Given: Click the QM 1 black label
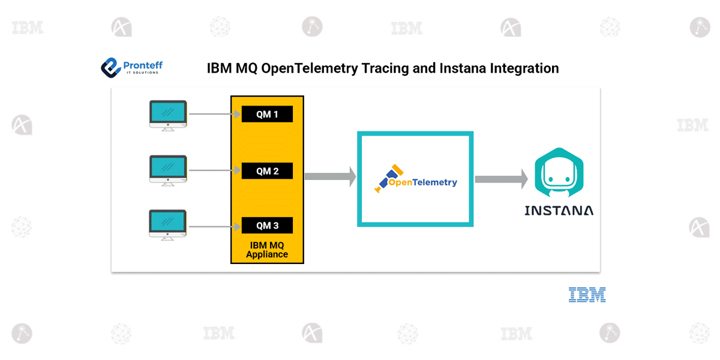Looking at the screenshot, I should (267, 114).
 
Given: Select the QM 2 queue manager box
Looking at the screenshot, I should (267, 171).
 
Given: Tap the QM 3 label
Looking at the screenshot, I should (267, 226).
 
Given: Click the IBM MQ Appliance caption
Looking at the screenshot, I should (267, 250).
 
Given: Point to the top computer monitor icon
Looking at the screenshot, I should (168, 115).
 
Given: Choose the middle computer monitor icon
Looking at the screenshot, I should (168, 170).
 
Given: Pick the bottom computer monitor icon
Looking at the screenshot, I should (168, 225).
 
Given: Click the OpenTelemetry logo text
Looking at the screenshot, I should (422, 182).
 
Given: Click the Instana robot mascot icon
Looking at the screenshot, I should (559, 173).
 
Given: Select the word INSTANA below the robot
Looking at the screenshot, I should (559, 211).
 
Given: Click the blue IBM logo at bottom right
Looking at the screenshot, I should (587, 295).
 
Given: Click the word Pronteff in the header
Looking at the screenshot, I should (142, 65).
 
